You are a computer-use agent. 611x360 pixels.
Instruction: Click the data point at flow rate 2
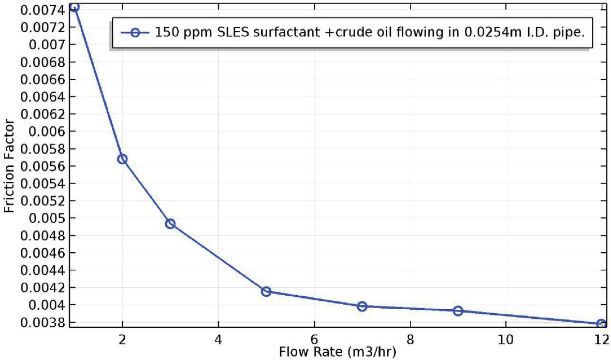pos(122,159)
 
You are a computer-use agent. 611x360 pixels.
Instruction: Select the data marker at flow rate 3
pos(170,224)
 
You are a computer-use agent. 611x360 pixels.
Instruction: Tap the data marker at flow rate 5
pos(266,292)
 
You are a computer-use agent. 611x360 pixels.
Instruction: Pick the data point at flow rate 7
pos(362,306)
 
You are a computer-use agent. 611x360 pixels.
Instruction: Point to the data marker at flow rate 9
pos(458,311)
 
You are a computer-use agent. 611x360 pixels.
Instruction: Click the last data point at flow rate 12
pos(601,324)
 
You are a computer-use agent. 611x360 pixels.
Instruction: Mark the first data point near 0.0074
pos(75,7)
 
